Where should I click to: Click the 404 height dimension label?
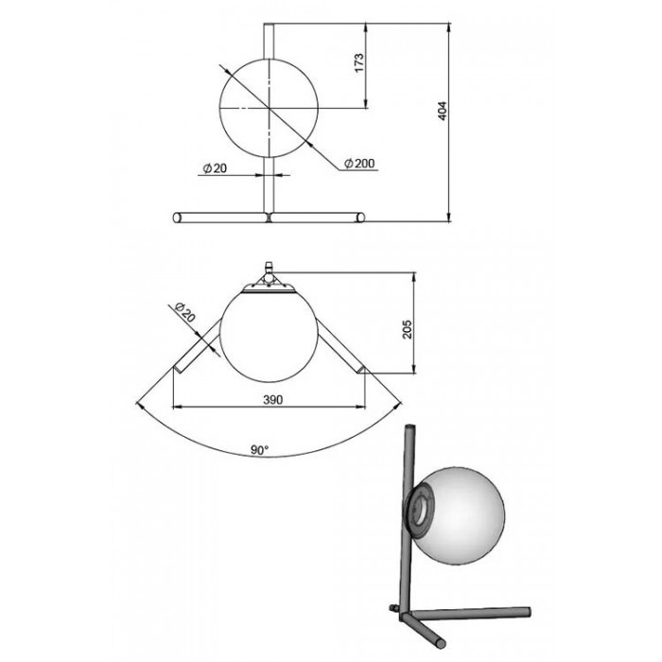click(442, 111)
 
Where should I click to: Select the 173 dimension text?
click(358, 62)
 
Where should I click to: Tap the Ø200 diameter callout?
click(359, 163)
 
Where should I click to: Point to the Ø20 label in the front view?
click(215, 168)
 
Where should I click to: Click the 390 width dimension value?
click(272, 399)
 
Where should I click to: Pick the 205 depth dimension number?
click(407, 328)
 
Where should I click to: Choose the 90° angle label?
click(260, 450)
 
